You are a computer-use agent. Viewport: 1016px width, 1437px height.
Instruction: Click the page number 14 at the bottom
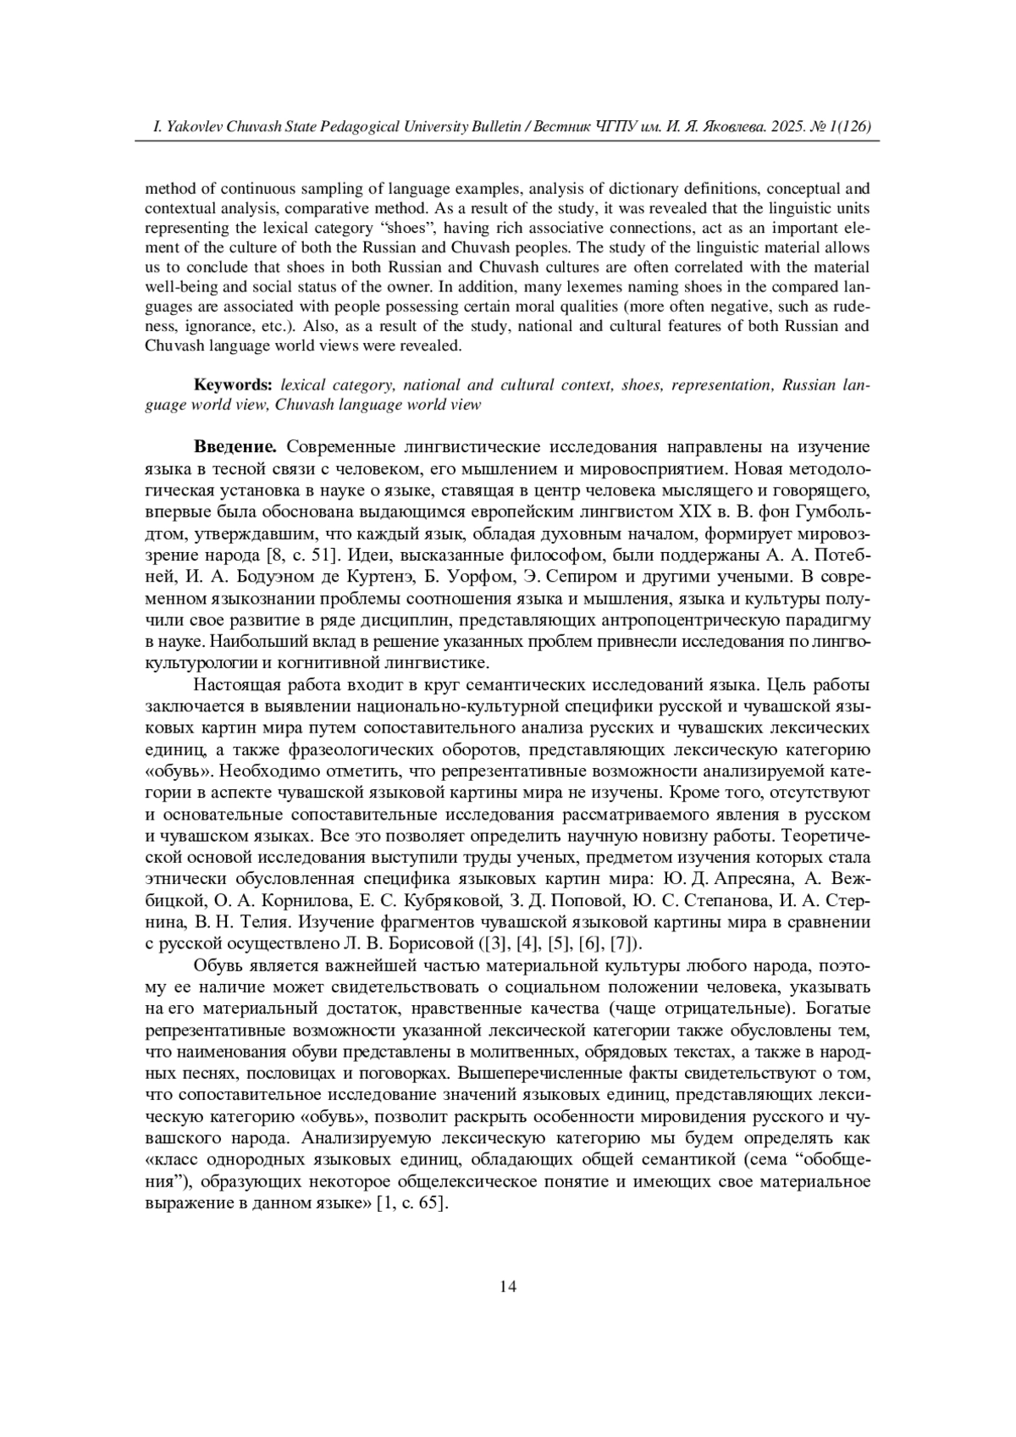pos(508,1287)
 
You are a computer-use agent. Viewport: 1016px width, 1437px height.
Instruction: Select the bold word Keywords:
pos(233,385)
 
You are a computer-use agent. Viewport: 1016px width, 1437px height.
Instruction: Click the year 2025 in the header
pos(785,127)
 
